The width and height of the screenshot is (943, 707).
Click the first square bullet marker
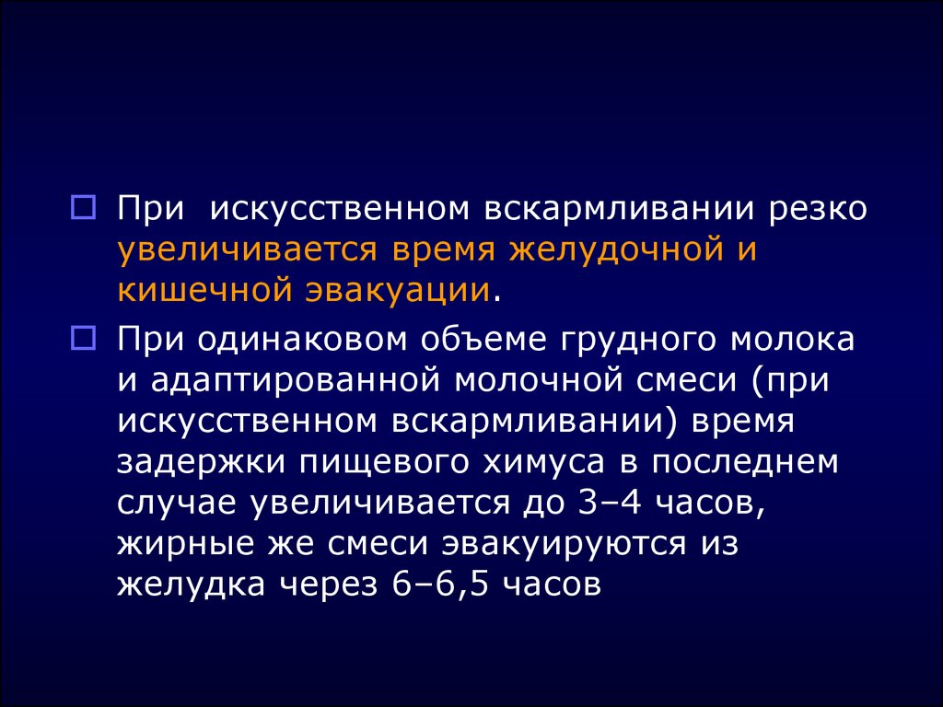click(x=84, y=208)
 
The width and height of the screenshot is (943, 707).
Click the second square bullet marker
click(x=84, y=339)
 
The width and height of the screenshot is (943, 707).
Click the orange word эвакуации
click(x=397, y=290)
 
